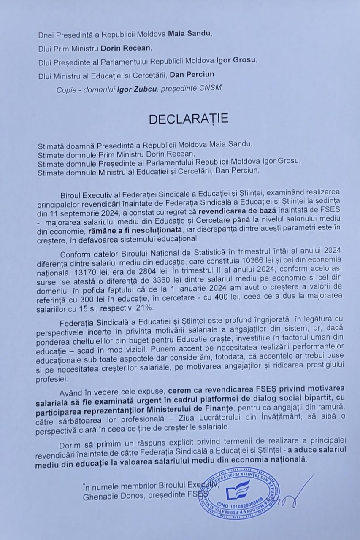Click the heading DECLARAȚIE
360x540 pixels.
[x=188, y=119]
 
